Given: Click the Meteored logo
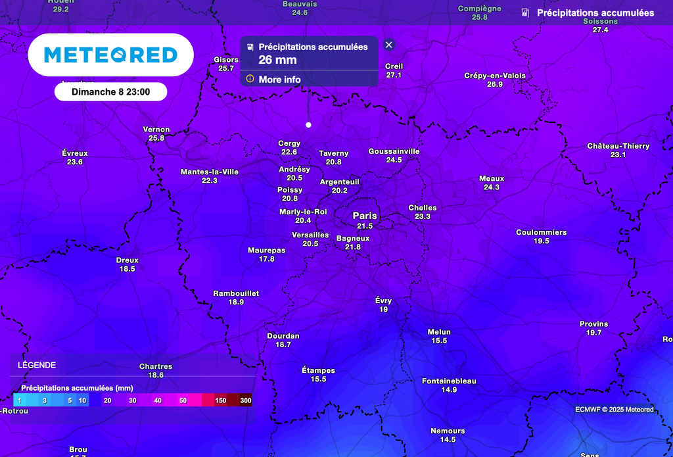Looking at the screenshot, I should click(110, 55).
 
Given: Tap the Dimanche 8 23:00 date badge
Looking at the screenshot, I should click(110, 92).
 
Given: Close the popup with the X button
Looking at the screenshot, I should click(389, 45).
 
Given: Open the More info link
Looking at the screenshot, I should click(279, 80).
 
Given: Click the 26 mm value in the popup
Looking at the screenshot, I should click(277, 60).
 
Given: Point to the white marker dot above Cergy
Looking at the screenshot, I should click(308, 124).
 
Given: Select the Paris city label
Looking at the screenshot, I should click(365, 216).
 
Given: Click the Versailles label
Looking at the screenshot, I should click(310, 235).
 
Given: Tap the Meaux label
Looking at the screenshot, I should click(492, 179).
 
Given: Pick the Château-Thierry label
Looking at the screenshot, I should click(618, 146).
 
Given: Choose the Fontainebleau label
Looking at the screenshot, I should click(449, 381).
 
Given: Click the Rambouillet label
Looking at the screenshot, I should click(236, 293).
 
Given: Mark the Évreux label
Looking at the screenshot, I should click(75, 153).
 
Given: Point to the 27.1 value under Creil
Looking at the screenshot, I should click(394, 75).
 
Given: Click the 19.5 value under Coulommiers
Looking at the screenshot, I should click(541, 241).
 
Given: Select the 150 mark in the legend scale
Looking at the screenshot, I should click(221, 400).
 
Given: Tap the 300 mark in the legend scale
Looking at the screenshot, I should click(246, 400).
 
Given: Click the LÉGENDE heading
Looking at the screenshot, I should click(37, 365).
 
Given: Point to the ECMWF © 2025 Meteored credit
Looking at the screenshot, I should click(614, 410).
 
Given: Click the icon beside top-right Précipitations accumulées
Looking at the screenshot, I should click(525, 12).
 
